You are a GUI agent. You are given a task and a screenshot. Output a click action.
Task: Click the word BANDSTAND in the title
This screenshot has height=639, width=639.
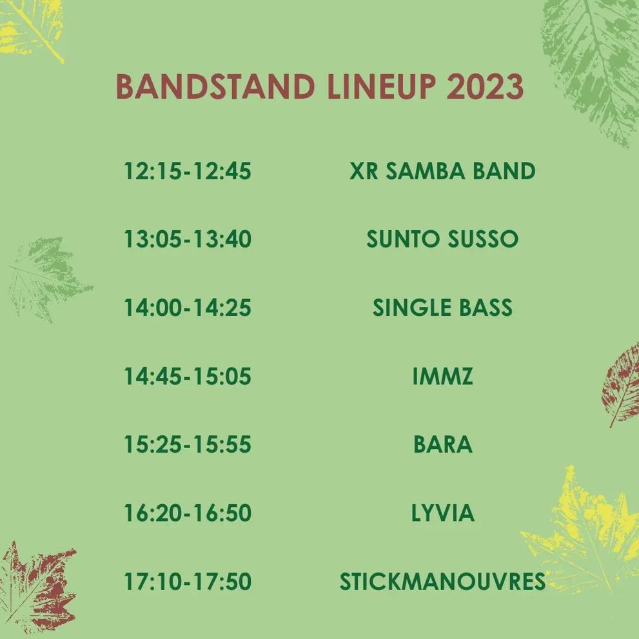point(215,87)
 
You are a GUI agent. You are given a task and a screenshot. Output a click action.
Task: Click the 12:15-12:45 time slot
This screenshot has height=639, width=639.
point(188,171)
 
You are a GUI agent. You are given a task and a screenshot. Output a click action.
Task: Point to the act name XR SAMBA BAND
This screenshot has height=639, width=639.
point(442,171)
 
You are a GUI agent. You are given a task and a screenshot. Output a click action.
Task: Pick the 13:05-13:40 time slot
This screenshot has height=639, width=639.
point(188,239)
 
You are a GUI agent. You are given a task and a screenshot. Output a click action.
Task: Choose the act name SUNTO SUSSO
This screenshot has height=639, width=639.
point(442,239)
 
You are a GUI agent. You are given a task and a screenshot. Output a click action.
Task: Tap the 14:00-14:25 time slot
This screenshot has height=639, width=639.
point(188,308)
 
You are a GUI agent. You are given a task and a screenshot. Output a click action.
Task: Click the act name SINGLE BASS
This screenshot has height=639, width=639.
point(442,308)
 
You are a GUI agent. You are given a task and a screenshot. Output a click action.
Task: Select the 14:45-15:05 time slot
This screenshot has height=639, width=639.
point(188,376)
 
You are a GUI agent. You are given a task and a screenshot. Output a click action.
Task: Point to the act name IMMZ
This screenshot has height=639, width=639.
point(442,376)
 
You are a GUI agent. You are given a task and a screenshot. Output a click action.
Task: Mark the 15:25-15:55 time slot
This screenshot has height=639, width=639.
point(188,444)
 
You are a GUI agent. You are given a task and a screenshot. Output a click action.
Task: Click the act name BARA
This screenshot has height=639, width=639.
point(442,444)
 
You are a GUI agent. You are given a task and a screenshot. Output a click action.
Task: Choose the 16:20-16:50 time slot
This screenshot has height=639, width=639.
point(188,513)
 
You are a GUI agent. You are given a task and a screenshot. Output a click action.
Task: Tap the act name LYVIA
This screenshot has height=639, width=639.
point(442,513)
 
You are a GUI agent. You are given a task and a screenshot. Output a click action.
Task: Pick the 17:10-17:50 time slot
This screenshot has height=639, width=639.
point(188,581)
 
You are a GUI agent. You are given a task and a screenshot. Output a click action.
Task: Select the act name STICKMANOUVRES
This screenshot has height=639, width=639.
point(442,581)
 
